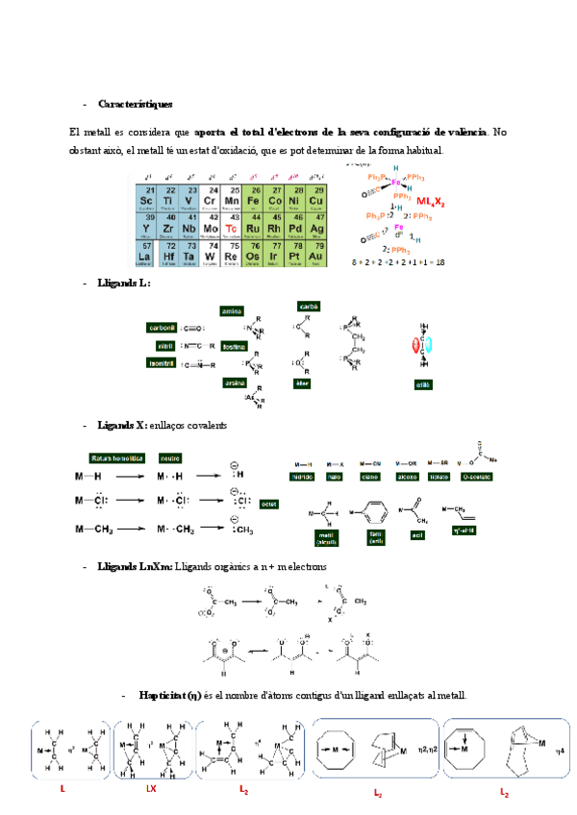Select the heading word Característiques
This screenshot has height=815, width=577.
click(136, 104)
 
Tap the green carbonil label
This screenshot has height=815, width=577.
click(162, 327)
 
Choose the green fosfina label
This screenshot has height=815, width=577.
click(235, 346)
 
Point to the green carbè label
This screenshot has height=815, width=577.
click(309, 307)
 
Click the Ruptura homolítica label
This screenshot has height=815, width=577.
click(116, 457)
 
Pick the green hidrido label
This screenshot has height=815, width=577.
click(304, 476)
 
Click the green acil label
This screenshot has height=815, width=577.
click(416, 534)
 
